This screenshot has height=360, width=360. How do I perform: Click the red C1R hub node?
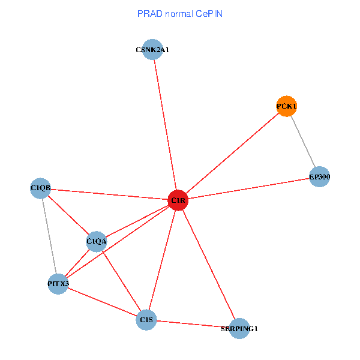click(x=178, y=200)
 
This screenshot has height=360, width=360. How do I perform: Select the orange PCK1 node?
click(x=287, y=106)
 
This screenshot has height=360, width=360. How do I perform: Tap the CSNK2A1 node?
click(x=153, y=50)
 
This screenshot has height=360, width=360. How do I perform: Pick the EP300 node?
click(x=320, y=177)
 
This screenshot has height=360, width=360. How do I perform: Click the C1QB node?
click(x=40, y=188)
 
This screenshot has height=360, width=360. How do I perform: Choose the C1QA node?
click(x=97, y=242)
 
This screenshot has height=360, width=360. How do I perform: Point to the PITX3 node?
click(x=58, y=283)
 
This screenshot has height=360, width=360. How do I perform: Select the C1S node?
click(x=146, y=320)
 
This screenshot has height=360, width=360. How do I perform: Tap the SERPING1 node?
click(x=239, y=328)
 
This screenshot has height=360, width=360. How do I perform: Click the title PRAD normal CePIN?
click(x=179, y=13)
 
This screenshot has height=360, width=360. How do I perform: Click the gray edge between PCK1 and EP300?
click(x=303, y=141)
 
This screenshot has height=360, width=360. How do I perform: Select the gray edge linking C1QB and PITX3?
click(x=49, y=236)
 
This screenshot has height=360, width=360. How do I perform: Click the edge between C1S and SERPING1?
click(x=192, y=324)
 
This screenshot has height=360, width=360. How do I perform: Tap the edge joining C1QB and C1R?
click(x=108, y=194)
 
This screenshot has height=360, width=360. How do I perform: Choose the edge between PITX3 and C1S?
click(x=102, y=301)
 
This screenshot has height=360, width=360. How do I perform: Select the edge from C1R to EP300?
click(x=249, y=188)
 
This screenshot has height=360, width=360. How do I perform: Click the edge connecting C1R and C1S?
click(x=162, y=260)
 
